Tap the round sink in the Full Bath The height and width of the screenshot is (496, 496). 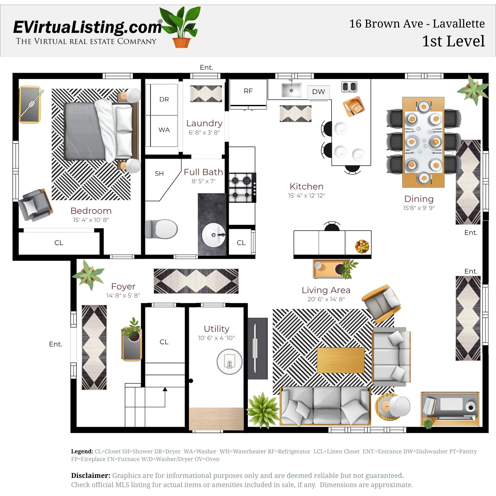214,235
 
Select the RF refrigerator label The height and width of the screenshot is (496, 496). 248,91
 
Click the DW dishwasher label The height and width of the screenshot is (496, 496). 318,92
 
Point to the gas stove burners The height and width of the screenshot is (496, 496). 241,187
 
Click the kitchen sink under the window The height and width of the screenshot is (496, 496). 291,90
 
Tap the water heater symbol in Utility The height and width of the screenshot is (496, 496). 229,362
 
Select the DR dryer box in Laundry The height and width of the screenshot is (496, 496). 164,99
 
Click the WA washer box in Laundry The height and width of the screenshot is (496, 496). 164,130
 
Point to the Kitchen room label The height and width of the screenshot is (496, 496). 306,186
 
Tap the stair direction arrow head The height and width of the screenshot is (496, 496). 165,389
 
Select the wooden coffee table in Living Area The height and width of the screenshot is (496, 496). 341,360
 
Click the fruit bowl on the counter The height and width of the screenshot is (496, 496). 362,246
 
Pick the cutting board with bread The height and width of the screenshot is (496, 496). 354,106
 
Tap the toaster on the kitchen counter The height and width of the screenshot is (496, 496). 349,87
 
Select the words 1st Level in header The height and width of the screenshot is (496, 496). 453,41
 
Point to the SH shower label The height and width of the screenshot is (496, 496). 159,174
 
